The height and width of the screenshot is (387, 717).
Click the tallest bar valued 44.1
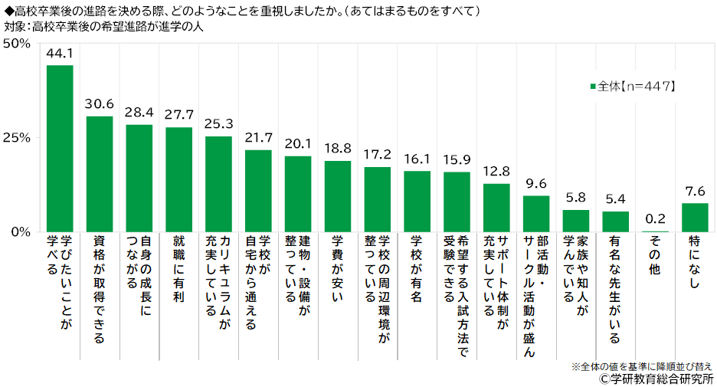(60, 148)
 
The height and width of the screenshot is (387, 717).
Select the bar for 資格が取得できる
(100, 174)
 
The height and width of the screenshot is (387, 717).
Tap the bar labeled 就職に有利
(178, 179)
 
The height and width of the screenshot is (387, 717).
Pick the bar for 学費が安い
(338, 196)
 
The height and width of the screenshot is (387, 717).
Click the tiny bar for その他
(655, 231)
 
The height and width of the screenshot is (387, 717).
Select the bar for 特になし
(695, 217)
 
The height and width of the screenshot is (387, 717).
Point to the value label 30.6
(100, 103)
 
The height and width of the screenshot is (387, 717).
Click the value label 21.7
(258, 137)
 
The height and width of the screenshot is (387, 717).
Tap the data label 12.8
(496, 171)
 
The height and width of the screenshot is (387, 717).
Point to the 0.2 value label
(655, 218)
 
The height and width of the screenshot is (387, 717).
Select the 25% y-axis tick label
(16, 137)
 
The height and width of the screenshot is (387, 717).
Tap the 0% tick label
(20, 231)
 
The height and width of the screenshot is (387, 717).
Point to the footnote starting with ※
(641, 366)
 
